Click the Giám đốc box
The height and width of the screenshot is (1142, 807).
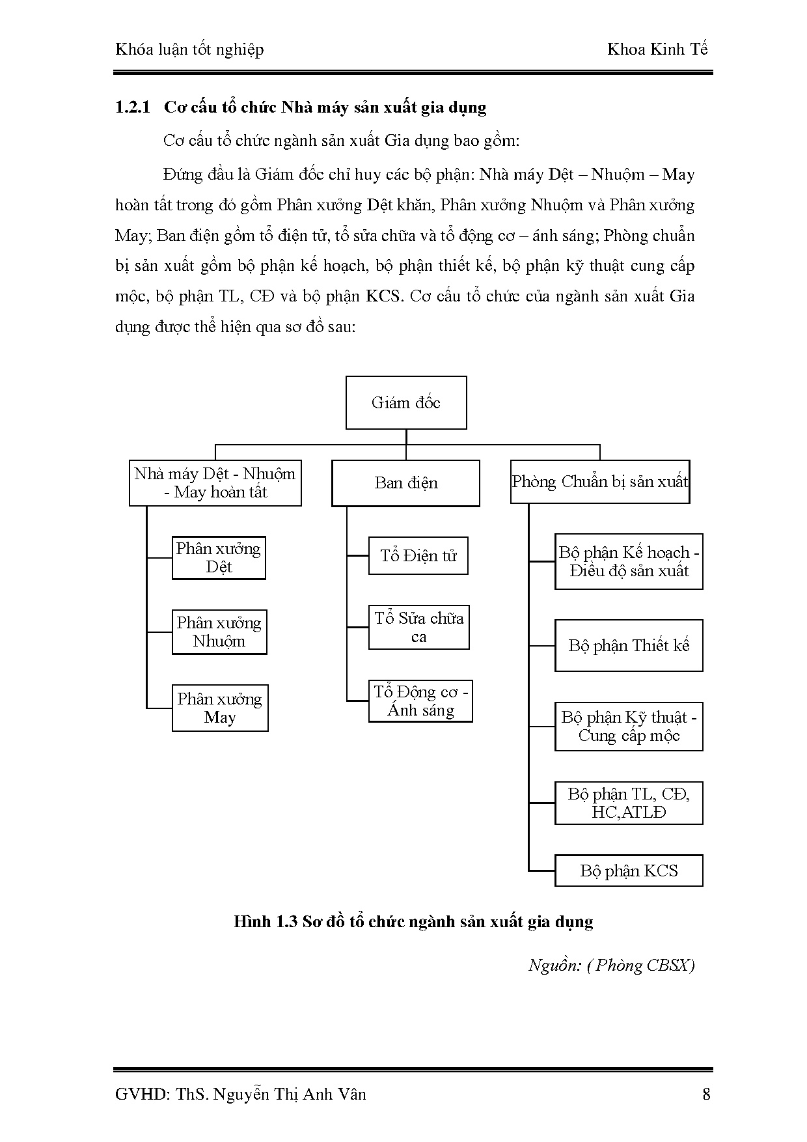tap(406, 402)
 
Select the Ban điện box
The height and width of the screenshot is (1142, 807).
tap(405, 483)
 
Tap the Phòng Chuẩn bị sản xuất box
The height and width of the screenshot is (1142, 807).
tap(599, 482)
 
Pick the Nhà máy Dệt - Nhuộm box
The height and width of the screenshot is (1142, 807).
tap(215, 483)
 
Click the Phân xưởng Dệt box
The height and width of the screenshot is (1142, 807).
tap(219, 558)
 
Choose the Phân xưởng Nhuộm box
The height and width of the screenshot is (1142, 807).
tap(219, 632)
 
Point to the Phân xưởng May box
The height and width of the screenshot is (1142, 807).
tap(220, 708)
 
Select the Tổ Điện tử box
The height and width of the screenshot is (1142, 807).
tap(418, 556)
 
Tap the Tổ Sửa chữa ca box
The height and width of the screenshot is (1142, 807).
tap(418, 628)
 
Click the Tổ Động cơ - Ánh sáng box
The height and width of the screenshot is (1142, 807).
tap(420, 701)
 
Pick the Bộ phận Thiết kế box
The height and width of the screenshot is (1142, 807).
tap(629, 646)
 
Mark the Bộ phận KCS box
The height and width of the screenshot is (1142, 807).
tap(629, 871)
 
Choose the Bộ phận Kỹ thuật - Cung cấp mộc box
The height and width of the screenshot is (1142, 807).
tap(629, 727)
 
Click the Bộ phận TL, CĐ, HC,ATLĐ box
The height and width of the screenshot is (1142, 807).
tap(629, 803)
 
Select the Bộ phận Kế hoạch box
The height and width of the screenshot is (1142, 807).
tap(629, 562)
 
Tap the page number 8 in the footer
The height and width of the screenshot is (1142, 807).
tap(707, 1094)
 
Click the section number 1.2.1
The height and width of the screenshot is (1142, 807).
tap(133, 107)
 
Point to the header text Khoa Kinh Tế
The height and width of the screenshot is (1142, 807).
tap(657, 50)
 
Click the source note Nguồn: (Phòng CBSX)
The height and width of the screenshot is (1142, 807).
tap(611, 965)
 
